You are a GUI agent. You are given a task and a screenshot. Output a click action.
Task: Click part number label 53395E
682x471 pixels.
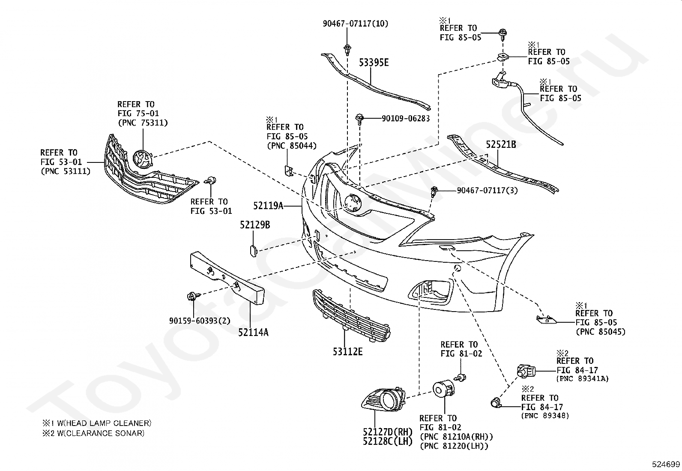coord(374,63)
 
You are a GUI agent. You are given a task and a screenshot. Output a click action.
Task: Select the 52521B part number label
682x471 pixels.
coord(501,144)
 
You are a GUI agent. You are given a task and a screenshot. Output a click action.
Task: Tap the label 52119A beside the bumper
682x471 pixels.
coord(268,206)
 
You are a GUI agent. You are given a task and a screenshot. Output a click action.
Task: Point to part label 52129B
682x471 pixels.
coord(255,225)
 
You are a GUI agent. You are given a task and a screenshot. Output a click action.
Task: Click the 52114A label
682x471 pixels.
coord(253,333)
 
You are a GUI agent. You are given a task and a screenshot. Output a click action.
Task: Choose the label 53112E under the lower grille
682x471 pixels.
coord(348,352)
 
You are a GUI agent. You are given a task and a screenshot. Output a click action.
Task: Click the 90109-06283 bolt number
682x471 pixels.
coord(406,119)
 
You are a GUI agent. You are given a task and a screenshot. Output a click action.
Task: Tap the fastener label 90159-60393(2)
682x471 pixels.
coord(200,321)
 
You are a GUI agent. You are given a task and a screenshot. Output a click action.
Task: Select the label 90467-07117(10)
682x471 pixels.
coord(356,24)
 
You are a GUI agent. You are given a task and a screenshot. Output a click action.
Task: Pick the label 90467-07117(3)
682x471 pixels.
coord(487,191)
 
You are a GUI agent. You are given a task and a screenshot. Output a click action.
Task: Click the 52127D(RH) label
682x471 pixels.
coord(388,432)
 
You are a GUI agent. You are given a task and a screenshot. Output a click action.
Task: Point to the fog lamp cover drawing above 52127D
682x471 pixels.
coord(384,400)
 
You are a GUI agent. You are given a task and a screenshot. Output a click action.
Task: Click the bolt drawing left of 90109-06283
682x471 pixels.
coord(359,119)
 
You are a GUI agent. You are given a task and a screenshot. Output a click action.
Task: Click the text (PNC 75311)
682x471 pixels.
coord(143,123)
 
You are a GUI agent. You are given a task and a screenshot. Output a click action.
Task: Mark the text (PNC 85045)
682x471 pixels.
coord(601,332)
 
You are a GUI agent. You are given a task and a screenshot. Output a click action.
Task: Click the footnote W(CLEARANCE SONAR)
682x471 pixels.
coord(101,433)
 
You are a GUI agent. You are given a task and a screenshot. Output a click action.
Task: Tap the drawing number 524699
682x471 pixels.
coord(666,464)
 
